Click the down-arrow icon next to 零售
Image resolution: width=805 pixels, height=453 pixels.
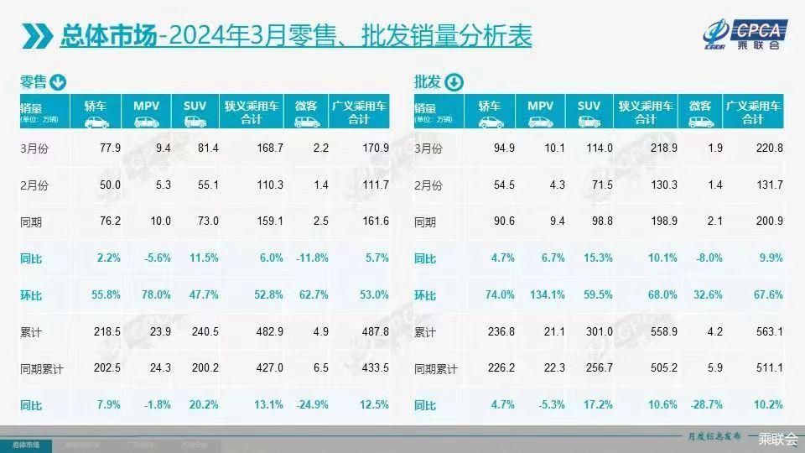58,82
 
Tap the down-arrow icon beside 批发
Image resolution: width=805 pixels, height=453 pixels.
453,82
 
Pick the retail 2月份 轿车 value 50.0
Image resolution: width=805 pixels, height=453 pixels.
110,185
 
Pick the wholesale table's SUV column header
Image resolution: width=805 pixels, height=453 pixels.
589,112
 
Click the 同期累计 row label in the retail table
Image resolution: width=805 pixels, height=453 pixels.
41,369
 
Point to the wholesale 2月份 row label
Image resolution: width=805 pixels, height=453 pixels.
428,185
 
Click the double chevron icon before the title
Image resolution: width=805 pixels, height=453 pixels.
37,36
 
